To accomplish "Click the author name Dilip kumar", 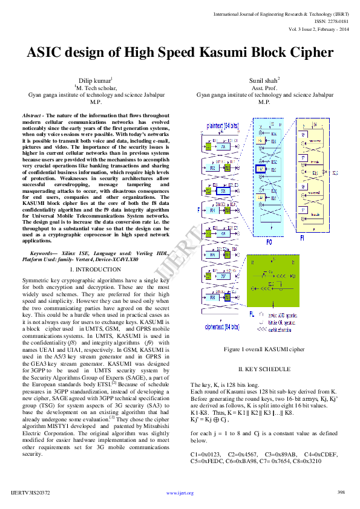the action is tap(95, 80).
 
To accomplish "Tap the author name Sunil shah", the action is tap(264, 80).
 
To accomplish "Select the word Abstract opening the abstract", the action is tap(31, 115).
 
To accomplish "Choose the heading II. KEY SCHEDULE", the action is tap(264, 369).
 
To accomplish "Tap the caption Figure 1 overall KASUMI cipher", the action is tap(264, 349).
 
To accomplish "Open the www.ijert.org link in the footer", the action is tap(180, 493).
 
